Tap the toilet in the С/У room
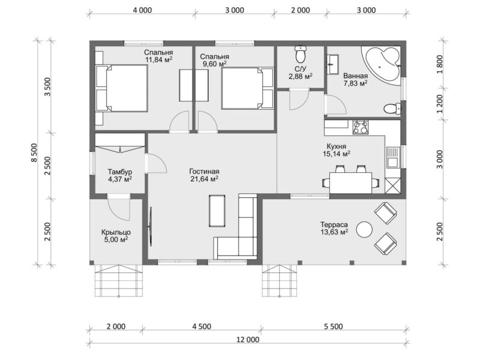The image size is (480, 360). pyautogui.click(x=301, y=54)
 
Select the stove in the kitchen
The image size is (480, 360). pyautogui.click(x=361, y=127)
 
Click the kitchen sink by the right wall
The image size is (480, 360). pyautogui.click(x=392, y=158)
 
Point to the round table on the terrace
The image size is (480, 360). pyautogui.click(x=365, y=229)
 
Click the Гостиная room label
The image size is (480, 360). pyautogui.click(x=204, y=172)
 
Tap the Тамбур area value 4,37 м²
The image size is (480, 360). pyautogui.click(x=120, y=179)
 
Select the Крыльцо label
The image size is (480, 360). pyautogui.click(x=116, y=232)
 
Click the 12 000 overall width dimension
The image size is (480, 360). pyautogui.click(x=248, y=340)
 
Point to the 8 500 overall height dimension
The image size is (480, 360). pyautogui.click(x=34, y=153)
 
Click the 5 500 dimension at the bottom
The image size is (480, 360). pyautogui.click(x=333, y=326)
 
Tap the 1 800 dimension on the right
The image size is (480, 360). pyautogui.click(x=440, y=64)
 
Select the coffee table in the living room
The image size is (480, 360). pyautogui.click(x=217, y=211)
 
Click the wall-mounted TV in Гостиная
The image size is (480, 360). pyautogui.click(x=151, y=226)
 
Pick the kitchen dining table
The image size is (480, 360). pyautogui.click(x=350, y=183)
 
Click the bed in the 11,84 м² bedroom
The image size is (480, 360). pyautogui.click(x=122, y=88)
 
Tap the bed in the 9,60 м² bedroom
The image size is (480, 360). pyautogui.click(x=247, y=88)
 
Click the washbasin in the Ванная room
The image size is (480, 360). pyautogui.click(x=332, y=64)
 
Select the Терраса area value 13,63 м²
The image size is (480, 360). pyautogui.click(x=334, y=232)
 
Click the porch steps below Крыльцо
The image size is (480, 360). pyautogui.click(x=118, y=281)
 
